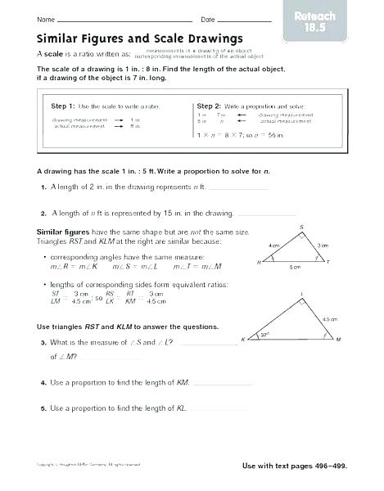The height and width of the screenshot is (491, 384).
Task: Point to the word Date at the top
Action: pos(207,19)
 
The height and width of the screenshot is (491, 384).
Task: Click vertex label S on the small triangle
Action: pos(301,227)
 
